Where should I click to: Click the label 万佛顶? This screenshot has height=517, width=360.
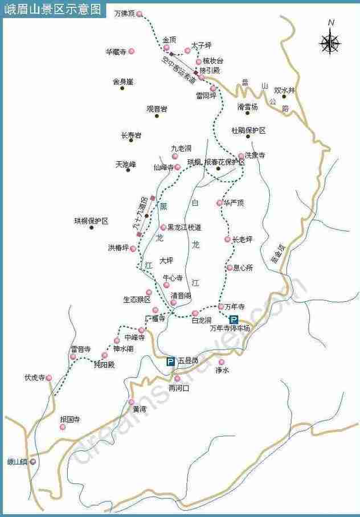124,13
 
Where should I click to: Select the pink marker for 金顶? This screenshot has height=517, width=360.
166,48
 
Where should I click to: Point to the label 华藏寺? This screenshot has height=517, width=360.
115,51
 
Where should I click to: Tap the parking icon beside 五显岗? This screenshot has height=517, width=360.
170,361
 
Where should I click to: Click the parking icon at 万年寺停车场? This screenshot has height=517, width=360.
234,320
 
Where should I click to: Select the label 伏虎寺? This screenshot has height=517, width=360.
34,377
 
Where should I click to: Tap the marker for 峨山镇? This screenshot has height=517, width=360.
33,462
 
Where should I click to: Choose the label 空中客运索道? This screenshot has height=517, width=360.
178,67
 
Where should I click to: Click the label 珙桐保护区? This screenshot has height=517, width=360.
91,220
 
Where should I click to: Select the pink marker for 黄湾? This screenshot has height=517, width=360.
131,402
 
